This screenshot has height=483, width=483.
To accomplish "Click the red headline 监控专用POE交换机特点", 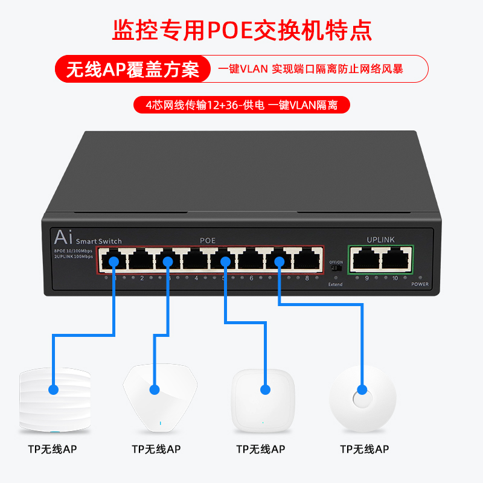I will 241,30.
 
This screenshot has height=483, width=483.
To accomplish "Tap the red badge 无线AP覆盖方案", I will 132,69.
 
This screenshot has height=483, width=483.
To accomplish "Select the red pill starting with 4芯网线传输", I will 241,104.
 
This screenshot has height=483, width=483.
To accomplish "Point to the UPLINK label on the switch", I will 380,240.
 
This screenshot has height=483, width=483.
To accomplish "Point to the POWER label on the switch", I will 420,284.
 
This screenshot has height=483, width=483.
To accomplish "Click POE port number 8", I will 307,261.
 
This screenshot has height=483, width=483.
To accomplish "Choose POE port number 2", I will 141,261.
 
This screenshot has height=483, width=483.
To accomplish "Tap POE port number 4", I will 196,261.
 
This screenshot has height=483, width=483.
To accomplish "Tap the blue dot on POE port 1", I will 114,261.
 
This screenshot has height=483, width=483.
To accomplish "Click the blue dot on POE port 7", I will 280,261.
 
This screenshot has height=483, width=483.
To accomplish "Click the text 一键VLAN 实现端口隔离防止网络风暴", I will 310,69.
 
